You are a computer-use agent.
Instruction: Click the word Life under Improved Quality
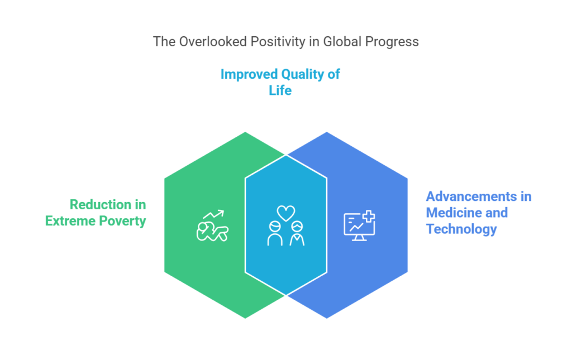coord(280,90)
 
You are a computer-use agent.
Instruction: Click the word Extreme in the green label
coord(70,221)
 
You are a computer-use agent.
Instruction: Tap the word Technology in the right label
coord(461,229)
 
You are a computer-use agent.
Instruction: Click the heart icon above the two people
coord(285,213)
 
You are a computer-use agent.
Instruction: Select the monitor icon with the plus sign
coord(359,226)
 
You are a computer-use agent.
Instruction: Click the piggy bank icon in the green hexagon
coord(212,232)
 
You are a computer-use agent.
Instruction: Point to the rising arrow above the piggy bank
coord(213,214)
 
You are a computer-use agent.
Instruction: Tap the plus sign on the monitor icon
coord(369,217)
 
